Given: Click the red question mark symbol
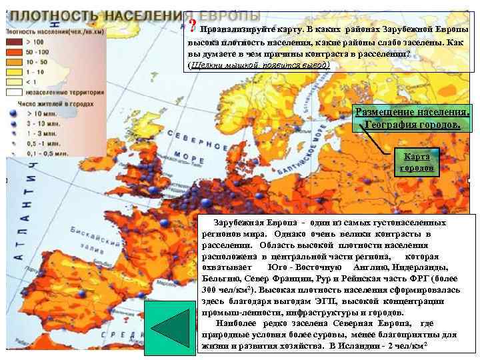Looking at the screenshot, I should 193,27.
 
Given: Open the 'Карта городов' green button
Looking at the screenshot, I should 416,162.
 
